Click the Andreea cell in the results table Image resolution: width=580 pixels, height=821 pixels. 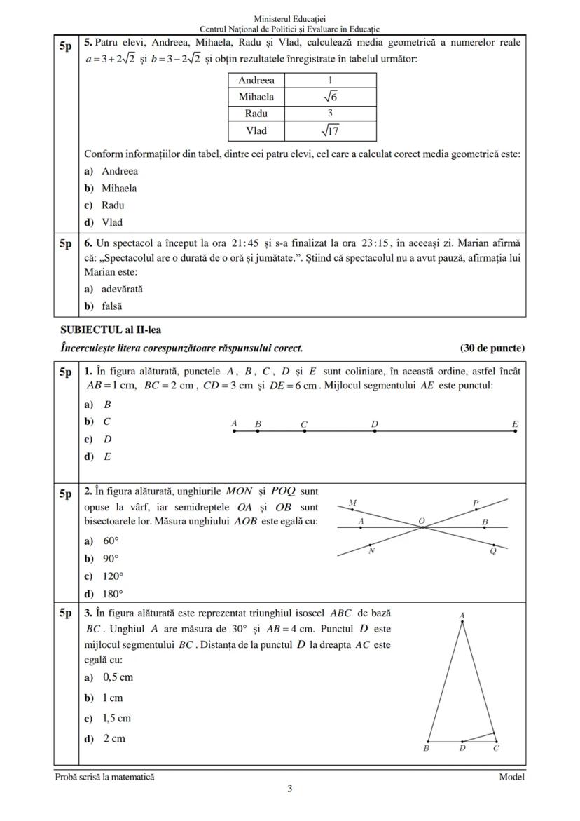pyautogui.click(x=256, y=81)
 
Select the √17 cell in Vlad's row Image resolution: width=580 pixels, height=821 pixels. pyautogui.click(x=330, y=130)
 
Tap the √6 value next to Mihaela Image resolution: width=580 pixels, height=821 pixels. pyautogui.click(x=330, y=97)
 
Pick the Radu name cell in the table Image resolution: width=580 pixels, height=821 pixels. pyautogui.click(x=256, y=114)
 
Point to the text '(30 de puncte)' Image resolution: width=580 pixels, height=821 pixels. pyautogui.click(x=492, y=348)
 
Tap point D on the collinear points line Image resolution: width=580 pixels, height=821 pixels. pyautogui.click(x=375, y=431)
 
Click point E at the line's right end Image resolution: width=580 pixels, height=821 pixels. pyautogui.click(x=515, y=431)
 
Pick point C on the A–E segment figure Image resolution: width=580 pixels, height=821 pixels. pyautogui.click(x=304, y=431)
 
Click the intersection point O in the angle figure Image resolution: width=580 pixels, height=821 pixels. pyautogui.click(x=422, y=527)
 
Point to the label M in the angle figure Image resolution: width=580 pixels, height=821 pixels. pyautogui.click(x=352, y=503)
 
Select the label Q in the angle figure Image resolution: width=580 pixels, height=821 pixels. pyautogui.click(x=493, y=551)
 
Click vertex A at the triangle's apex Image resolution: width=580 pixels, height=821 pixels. pyautogui.click(x=462, y=621)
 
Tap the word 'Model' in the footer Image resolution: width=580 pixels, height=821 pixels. pyautogui.click(x=511, y=777)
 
